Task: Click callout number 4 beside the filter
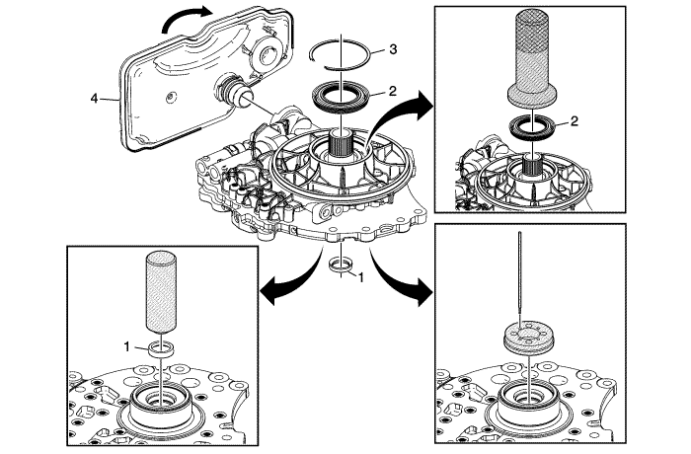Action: click(x=94, y=98)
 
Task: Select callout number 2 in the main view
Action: click(x=392, y=91)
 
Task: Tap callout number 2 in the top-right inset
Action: click(x=574, y=123)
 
